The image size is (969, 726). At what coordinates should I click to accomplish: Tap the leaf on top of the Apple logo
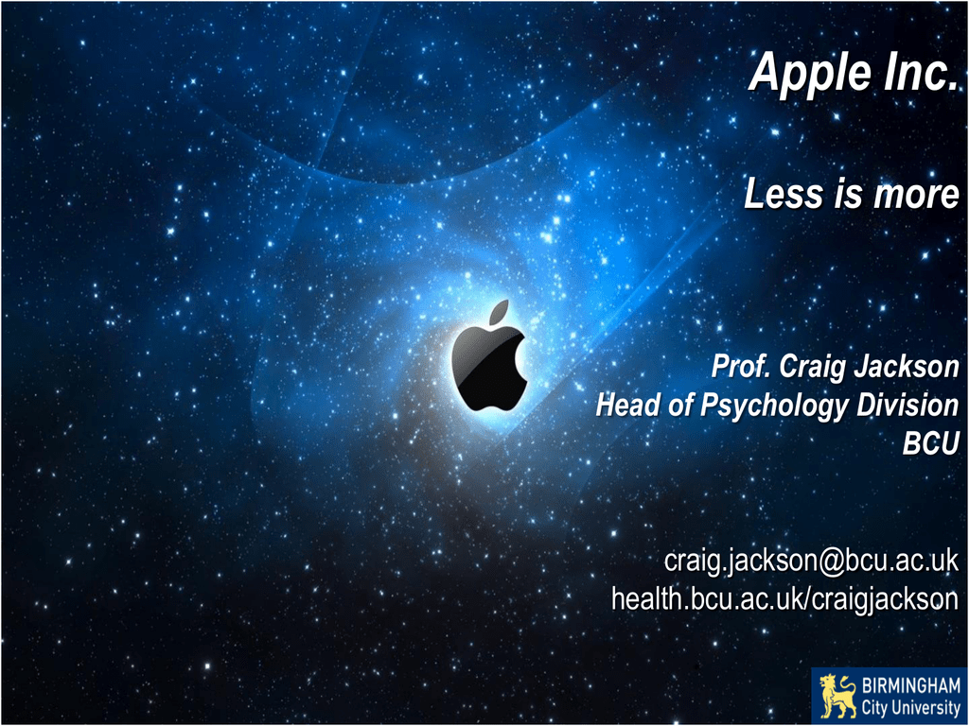(x=500, y=312)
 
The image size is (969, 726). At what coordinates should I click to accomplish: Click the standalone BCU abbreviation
(x=931, y=443)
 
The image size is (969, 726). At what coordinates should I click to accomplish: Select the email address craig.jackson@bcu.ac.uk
(x=811, y=562)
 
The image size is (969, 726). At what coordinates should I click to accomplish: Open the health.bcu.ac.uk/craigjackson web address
(x=784, y=598)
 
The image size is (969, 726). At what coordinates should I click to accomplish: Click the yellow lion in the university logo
(x=837, y=697)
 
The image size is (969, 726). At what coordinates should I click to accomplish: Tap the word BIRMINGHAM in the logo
(x=911, y=686)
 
